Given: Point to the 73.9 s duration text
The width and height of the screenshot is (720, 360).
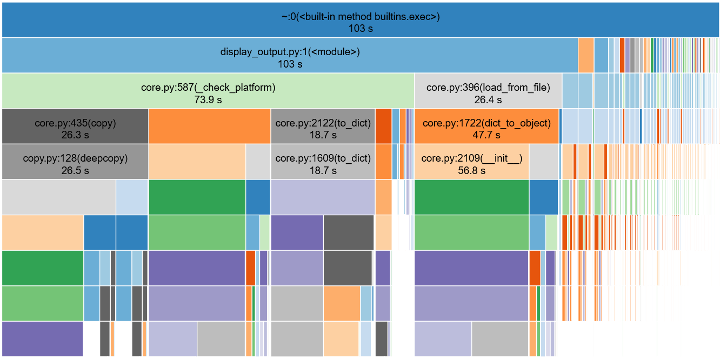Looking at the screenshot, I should pyautogui.click(x=208, y=100).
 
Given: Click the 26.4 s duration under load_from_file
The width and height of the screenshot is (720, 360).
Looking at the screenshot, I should pyautogui.click(x=488, y=100).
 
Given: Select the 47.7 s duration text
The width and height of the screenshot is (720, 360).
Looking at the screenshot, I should pyautogui.click(x=486, y=135).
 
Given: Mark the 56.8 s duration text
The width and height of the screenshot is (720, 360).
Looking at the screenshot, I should pyautogui.click(x=471, y=171).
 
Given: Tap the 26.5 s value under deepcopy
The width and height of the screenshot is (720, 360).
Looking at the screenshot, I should pyautogui.click(x=75, y=171).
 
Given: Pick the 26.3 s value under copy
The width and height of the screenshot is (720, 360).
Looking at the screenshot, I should pyautogui.click(x=75, y=135).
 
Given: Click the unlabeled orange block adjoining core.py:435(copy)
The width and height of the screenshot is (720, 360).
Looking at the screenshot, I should pyautogui.click(x=209, y=126).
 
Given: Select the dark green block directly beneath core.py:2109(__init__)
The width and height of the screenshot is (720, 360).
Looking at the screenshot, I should pyautogui.click(x=471, y=197).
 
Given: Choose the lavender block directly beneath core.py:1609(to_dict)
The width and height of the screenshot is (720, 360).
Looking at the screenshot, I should pyautogui.click(x=323, y=197).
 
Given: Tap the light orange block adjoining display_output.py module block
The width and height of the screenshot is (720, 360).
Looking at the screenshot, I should pyautogui.click(x=585, y=55).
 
